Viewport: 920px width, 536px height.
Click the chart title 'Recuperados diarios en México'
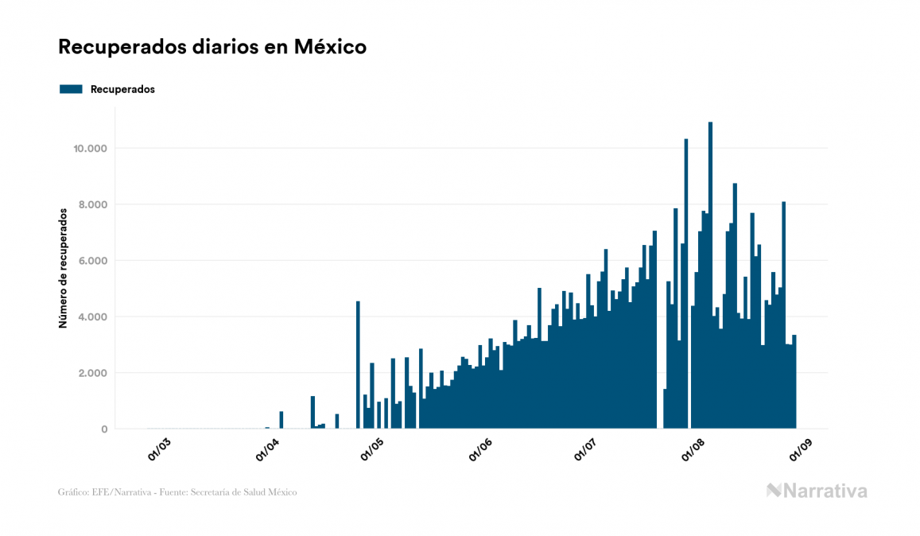click(212, 47)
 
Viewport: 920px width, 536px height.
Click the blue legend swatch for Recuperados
click(71, 89)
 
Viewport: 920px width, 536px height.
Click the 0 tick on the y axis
click(103, 429)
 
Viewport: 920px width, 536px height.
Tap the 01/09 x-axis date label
click(800, 449)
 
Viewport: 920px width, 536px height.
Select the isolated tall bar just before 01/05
click(358, 365)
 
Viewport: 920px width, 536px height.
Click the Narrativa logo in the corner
click(817, 491)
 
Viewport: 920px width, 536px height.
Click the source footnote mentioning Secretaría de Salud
click(177, 492)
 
